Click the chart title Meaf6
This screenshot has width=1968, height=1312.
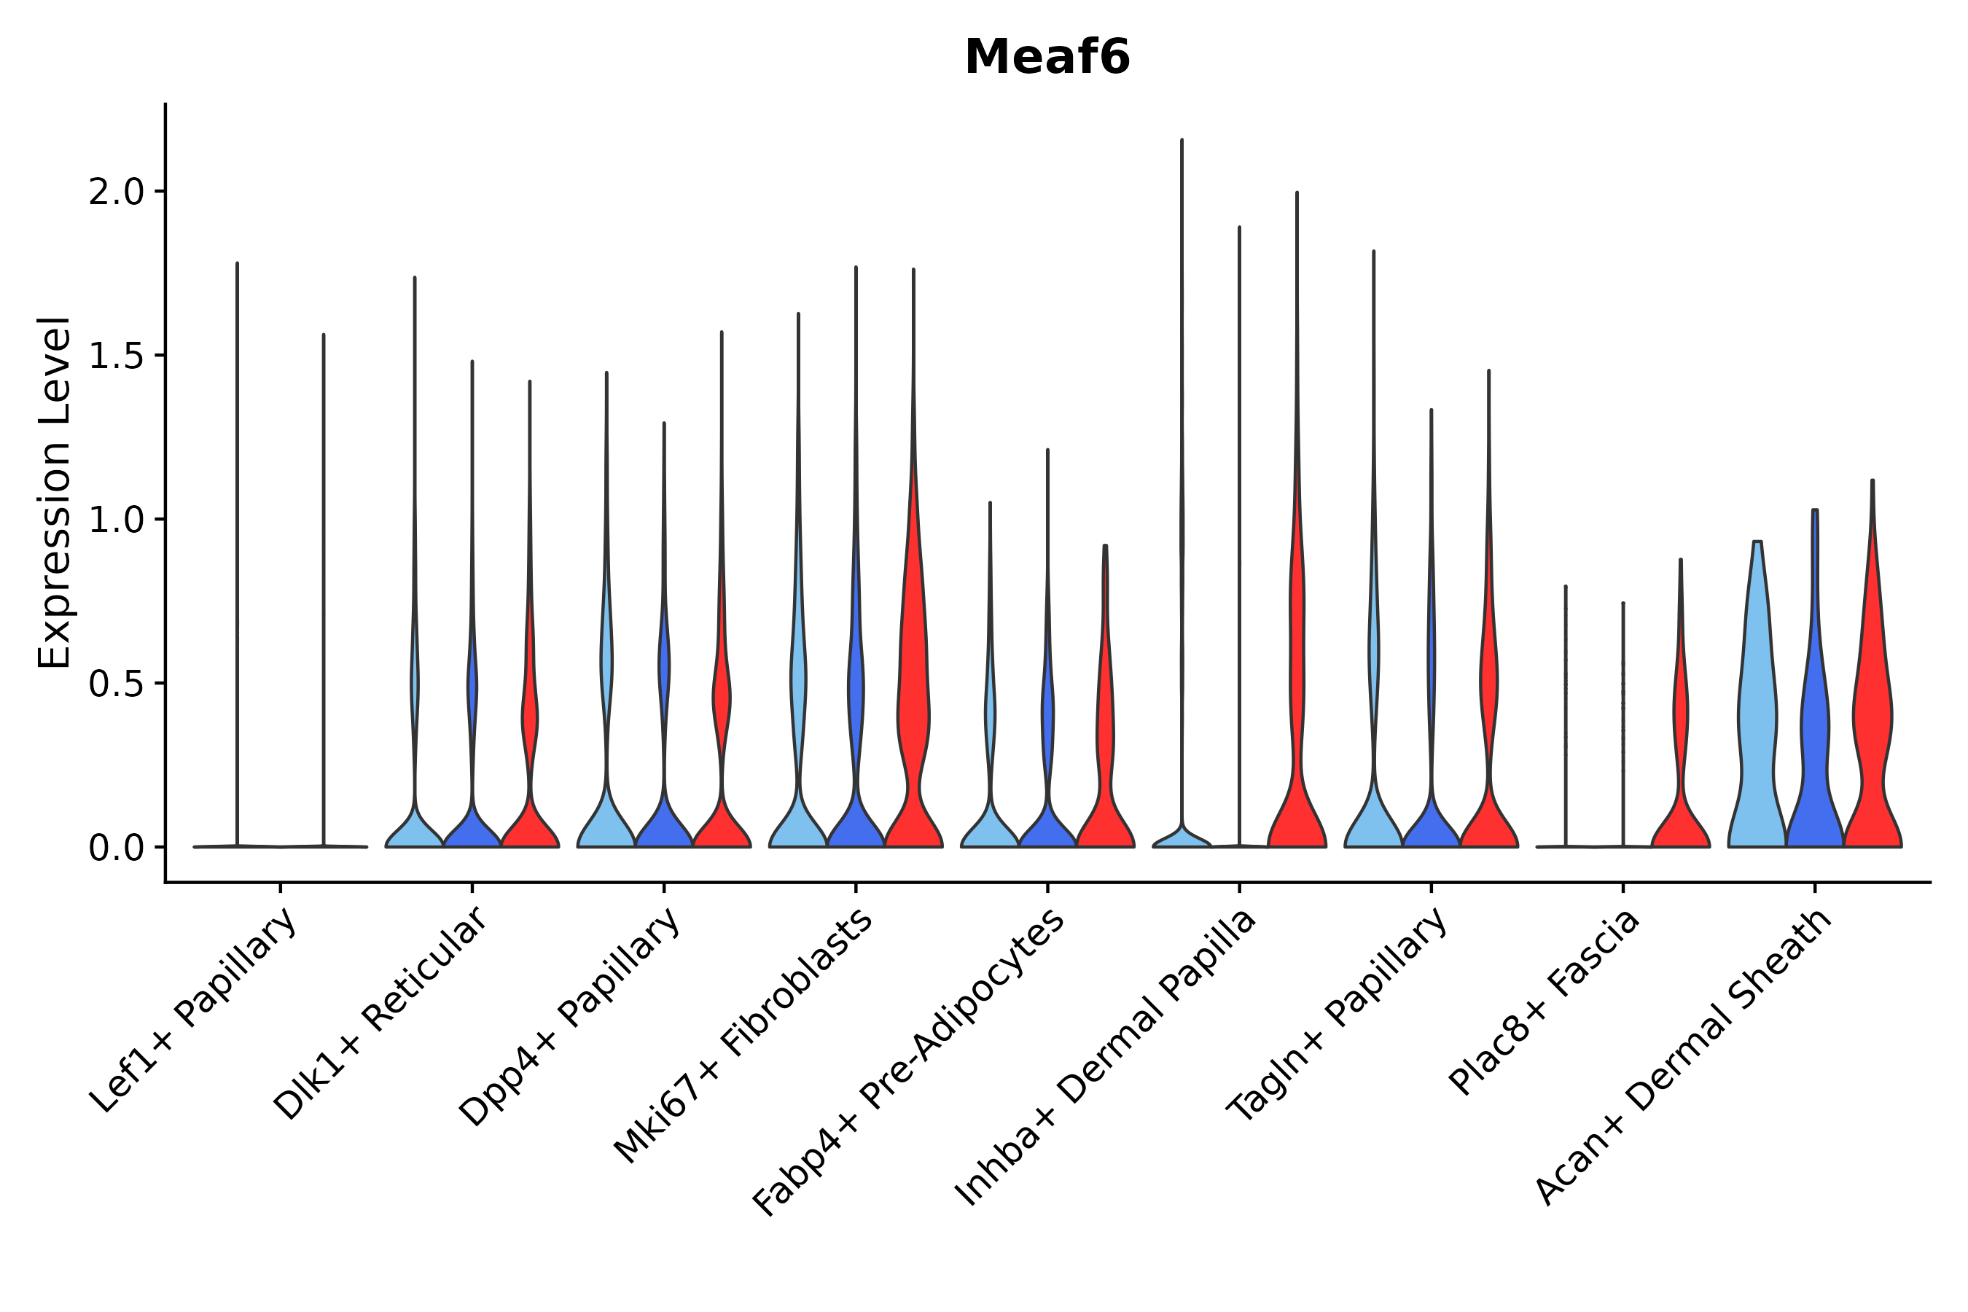point(1047,58)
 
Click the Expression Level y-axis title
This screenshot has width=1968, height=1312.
point(55,493)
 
